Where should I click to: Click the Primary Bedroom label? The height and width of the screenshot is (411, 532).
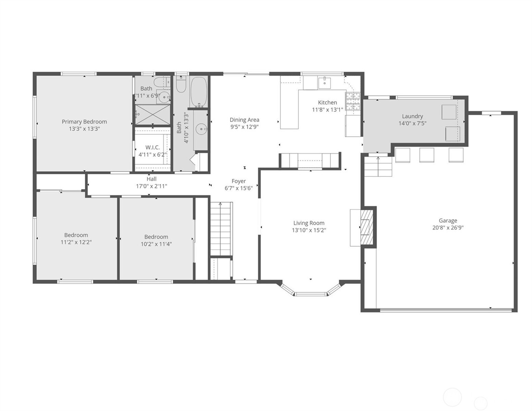[x=84, y=122]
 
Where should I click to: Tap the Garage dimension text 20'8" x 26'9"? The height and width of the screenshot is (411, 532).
[x=448, y=228]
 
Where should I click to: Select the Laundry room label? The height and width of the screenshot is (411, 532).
[x=412, y=116]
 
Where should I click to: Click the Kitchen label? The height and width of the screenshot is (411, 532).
[x=327, y=102]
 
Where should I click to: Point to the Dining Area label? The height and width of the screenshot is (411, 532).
[x=244, y=120]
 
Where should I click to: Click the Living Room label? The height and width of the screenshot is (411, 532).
[x=309, y=223]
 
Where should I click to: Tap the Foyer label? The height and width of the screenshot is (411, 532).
[x=238, y=181]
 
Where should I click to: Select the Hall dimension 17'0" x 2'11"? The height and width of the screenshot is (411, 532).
[x=151, y=186]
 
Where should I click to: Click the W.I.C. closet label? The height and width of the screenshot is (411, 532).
[x=152, y=147]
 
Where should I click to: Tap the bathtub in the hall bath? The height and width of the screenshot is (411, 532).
[x=198, y=91]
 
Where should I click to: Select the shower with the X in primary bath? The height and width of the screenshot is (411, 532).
[x=152, y=114]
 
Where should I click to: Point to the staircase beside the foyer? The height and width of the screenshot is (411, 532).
[x=221, y=228]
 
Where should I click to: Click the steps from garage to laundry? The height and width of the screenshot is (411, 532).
[x=378, y=166]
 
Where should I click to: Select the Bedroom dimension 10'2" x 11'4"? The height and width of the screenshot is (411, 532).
[x=156, y=244]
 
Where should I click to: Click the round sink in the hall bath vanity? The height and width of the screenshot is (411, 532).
[x=201, y=129]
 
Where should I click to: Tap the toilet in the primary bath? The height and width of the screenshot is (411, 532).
[x=160, y=83]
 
